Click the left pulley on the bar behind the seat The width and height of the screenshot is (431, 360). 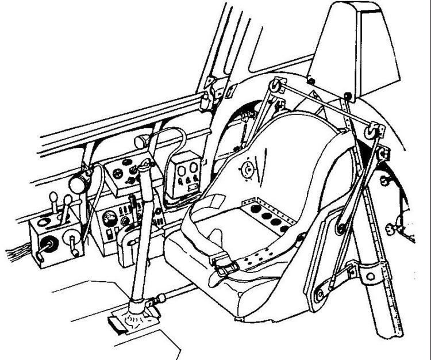277,87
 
